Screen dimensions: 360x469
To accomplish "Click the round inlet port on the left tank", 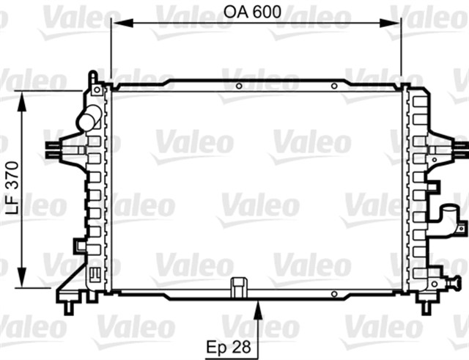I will pyautogui.click(x=89, y=118).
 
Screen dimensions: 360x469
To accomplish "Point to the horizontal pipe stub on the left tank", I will pyautogui.click(x=54, y=148).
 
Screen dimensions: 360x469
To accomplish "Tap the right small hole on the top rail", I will pyautogui.click(x=333, y=86).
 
